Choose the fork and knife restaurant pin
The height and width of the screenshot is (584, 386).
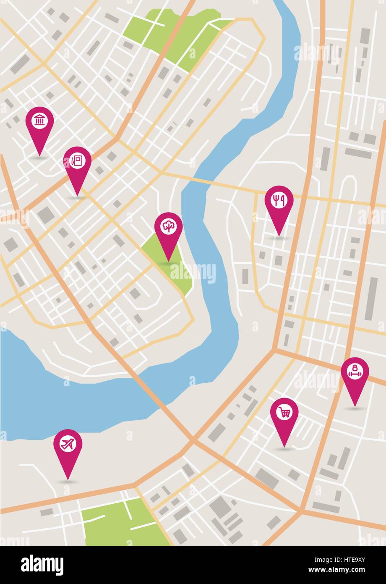[x=279, y=201]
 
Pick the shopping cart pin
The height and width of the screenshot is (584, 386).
[x=284, y=413]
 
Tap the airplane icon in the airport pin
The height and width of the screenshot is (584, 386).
[x=68, y=444]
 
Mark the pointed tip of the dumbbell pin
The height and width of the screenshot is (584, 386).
[x=355, y=406]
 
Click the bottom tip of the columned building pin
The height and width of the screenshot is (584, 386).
[x=39, y=155]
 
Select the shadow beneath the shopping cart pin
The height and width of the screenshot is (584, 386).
[x=284, y=449]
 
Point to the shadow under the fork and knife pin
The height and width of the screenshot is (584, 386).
[x=279, y=238]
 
